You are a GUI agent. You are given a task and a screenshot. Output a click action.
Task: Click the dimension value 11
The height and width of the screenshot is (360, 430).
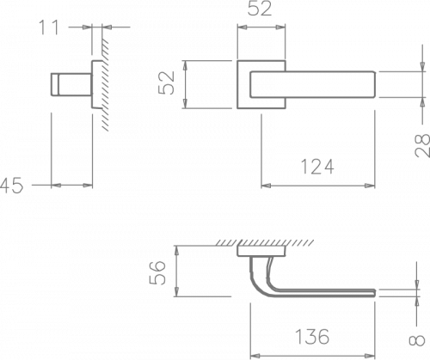pyautogui.click(x=48, y=27)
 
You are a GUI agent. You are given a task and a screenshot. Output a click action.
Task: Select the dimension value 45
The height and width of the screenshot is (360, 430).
pyautogui.click(x=11, y=186)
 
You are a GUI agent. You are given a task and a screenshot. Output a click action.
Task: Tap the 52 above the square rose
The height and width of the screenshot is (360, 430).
pyautogui.click(x=260, y=9)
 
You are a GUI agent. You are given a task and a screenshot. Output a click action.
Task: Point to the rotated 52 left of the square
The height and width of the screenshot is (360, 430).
pyautogui.click(x=167, y=82)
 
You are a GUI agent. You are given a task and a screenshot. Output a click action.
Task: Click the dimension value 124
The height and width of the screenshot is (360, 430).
pyautogui.click(x=317, y=167)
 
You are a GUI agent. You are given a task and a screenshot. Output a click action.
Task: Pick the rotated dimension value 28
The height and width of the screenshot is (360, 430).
pyautogui.click(x=422, y=146)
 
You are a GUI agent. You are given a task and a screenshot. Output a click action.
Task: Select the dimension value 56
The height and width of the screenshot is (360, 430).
pyautogui.click(x=157, y=272)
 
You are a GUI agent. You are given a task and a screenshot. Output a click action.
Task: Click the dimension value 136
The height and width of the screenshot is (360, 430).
pyautogui.click(x=312, y=337)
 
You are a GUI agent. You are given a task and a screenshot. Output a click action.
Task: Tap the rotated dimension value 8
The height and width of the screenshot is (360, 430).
pyautogui.click(x=416, y=340)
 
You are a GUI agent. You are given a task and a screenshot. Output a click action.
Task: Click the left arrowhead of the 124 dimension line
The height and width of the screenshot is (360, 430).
pyautogui.click(x=266, y=186)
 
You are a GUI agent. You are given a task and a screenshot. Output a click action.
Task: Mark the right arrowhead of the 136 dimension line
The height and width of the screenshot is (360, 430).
pyautogui.click(x=370, y=356)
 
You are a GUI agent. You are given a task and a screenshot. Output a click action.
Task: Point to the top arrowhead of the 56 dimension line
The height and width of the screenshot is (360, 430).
pyautogui.click(x=177, y=251)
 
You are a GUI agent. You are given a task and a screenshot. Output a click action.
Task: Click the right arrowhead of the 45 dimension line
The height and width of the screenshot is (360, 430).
pyautogui.click(x=88, y=186)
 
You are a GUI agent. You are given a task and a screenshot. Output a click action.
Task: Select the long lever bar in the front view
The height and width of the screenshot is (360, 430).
pyautogui.click(x=313, y=84)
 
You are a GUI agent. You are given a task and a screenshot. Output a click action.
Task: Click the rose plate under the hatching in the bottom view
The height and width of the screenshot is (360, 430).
pyautogui.click(x=261, y=251)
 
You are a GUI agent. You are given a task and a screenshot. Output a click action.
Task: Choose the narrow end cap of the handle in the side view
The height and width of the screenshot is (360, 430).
pyautogui.click(x=55, y=84)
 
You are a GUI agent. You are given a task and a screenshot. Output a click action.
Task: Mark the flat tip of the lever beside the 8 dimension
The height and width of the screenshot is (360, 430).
pyautogui.click(x=374, y=293)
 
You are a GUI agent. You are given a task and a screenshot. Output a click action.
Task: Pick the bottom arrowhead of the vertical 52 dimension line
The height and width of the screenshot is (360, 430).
pyautogui.click(x=185, y=104)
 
